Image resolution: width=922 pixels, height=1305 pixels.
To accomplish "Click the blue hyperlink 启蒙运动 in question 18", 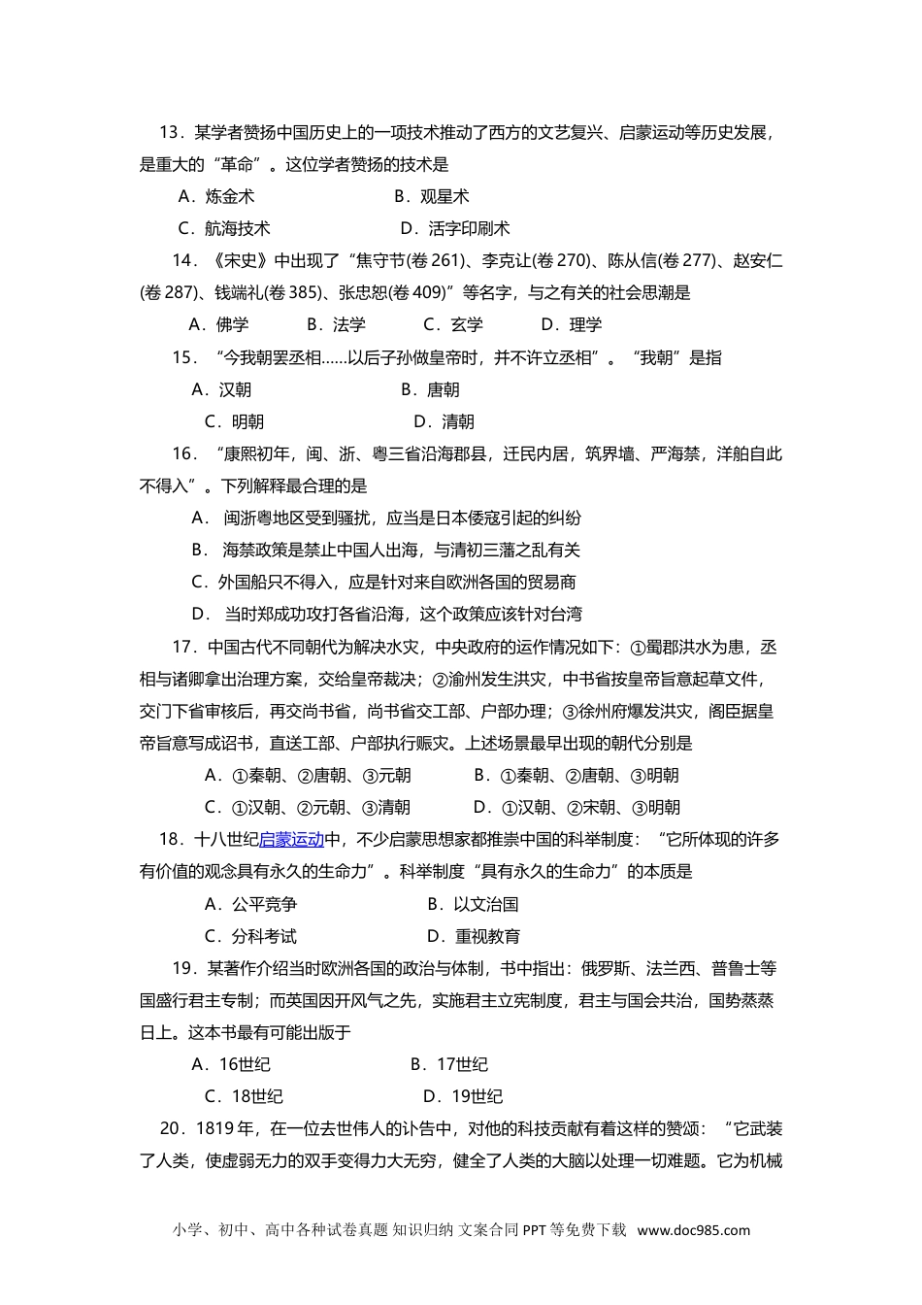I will pyautogui.click(x=291, y=840).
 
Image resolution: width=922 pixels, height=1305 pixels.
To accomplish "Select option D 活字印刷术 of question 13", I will pyautogui.click(x=455, y=229).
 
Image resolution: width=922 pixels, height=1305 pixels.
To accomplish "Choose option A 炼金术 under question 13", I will pyautogui.click(x=216, y=197).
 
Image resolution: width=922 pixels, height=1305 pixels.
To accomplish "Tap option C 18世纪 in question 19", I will pyautogui.click(x=244, y=1097).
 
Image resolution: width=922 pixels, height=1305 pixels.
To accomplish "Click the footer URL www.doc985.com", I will pyautogui.click(x=693, y=1230).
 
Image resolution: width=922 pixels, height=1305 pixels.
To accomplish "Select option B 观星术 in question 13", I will pyautogui.click(x=432, y=197).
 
